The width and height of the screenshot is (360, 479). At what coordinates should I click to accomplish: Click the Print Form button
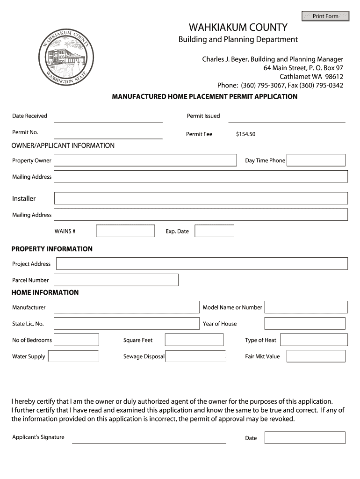coord(325,16)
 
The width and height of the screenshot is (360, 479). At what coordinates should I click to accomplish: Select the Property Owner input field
coord(145,160)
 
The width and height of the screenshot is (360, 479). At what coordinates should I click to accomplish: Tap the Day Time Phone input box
coord(316,160)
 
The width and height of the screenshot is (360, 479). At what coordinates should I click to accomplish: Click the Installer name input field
coord(201,198)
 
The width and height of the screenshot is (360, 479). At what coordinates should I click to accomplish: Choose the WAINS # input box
coord(125,231)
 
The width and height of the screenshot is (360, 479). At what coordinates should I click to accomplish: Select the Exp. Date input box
coord(214,231)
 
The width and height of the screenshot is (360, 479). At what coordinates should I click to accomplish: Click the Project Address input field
coord(202,264)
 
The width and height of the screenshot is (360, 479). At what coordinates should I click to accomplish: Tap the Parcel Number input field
coord(116,280)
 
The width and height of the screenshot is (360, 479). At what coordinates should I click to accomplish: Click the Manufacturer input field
coord(126,307)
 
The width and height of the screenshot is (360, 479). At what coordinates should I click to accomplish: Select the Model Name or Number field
coord(306,307)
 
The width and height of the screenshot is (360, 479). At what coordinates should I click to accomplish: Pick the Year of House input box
coord(305,324)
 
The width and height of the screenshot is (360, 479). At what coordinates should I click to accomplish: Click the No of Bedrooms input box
coord(77,340)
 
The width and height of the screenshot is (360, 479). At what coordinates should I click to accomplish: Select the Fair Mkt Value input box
coord(316,356)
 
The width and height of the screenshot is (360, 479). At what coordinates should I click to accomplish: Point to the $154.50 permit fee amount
coord(246,134)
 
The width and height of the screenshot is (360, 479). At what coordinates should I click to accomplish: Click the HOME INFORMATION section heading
coord(45,292)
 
